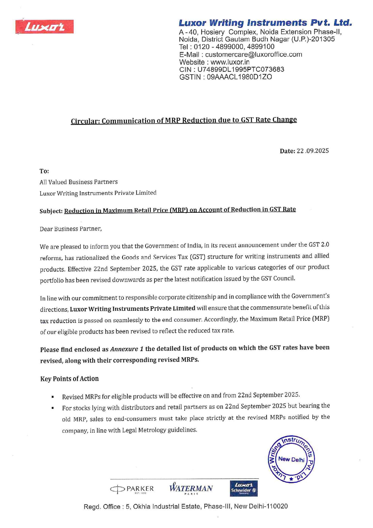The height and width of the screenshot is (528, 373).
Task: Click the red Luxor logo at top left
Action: [45, 27]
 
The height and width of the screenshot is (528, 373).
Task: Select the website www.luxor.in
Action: [230, 62]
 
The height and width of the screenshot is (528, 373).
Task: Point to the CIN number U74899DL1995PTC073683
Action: [240, 69]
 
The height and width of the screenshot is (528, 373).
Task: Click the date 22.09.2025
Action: [313, 151]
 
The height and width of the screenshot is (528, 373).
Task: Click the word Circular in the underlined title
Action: [85, 121]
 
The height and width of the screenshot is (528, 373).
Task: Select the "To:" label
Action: [44, 171]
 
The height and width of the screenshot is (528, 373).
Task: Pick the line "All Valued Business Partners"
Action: [78, 182]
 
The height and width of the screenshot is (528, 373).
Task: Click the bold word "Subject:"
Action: [51, 211]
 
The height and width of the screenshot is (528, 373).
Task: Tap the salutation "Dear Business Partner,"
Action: [71, 229]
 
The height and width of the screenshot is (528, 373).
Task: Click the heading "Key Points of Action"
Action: [69, 379]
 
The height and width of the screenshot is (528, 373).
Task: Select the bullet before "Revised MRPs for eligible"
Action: [53, 397]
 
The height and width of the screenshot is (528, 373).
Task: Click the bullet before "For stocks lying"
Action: [53, 408]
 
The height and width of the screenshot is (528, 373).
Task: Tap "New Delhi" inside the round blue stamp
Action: [291, 459]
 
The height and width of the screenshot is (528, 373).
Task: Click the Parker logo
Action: [132, 489]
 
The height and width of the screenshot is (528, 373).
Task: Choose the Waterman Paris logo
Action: [191, 488]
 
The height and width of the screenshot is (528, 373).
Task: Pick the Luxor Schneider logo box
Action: [243, 488]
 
